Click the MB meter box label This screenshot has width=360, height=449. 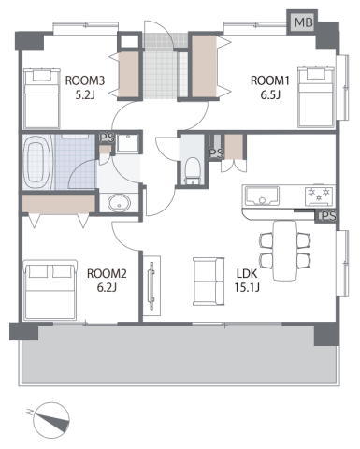[x=304, y=22]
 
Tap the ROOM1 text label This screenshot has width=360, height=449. [x=270, y=80]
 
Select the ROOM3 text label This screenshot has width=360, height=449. [x=85, y=80]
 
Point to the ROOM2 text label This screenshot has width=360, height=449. [x=107, y=274]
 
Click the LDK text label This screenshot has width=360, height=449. [x=247, y=274]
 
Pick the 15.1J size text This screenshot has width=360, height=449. [x=247, y=287]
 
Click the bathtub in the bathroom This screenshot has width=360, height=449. [x=36, y=162]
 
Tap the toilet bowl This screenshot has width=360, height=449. [x=192, y=171]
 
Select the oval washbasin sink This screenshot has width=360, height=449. [x=119, y=203]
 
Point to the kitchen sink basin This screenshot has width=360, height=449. [x=262, y=196]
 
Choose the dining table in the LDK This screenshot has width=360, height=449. [x=284, y=251]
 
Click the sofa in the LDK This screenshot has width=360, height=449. [x=209, y=282]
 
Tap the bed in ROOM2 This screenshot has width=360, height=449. [x=50, y=290]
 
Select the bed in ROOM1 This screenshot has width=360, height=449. [x=317, y=97]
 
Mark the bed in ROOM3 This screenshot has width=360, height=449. [x=42, y=98]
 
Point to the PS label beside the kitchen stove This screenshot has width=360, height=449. [x=327, y=216]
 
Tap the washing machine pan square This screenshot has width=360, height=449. [x=127, y=143]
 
